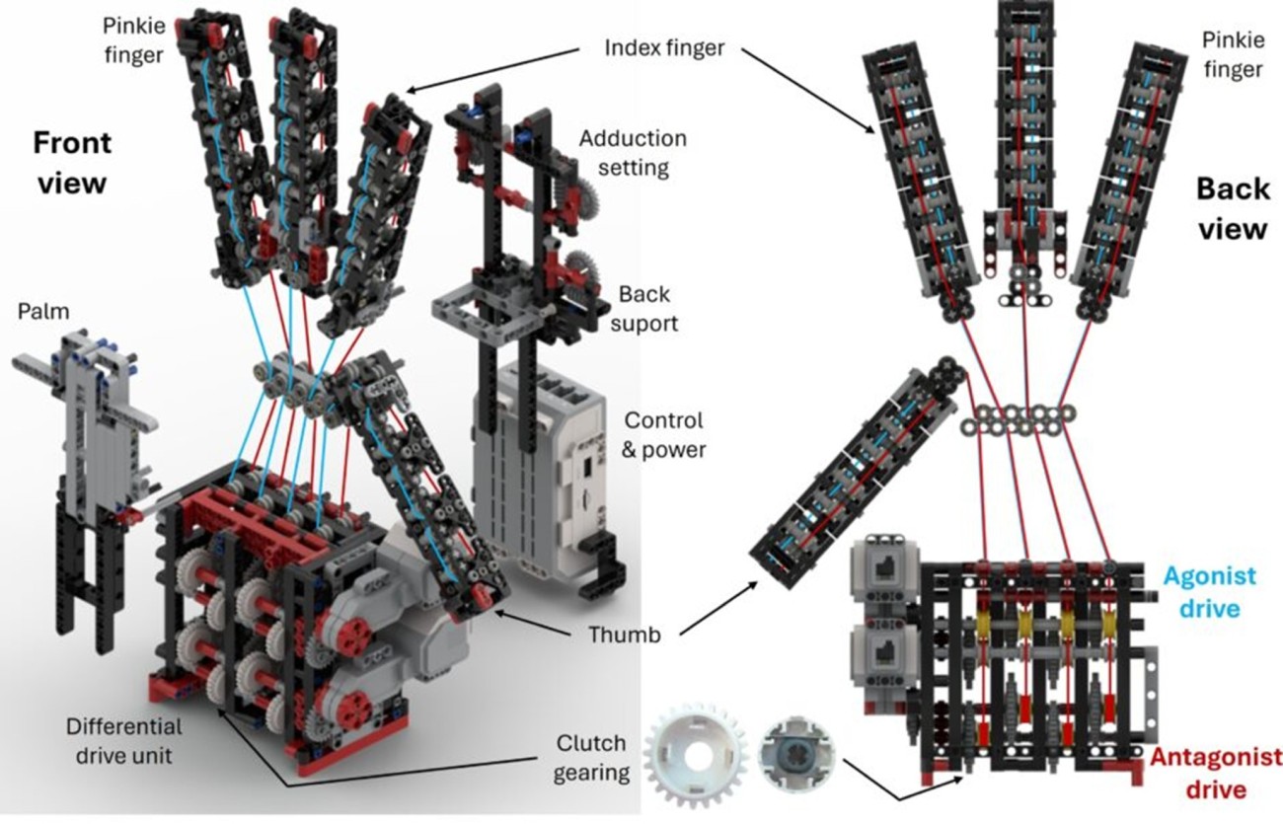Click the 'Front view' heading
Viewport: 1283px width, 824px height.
(72, 162)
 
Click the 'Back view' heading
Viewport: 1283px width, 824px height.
(1232, 207)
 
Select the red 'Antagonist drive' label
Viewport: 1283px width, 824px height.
(1215, 773)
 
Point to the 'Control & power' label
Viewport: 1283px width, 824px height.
(663, 435)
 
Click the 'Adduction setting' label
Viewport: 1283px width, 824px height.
(633, 152)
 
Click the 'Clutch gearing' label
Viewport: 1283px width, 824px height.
(590, 756)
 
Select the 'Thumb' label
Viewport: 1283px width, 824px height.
(625, 636)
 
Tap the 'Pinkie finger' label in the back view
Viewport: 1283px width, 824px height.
(1232, 54)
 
